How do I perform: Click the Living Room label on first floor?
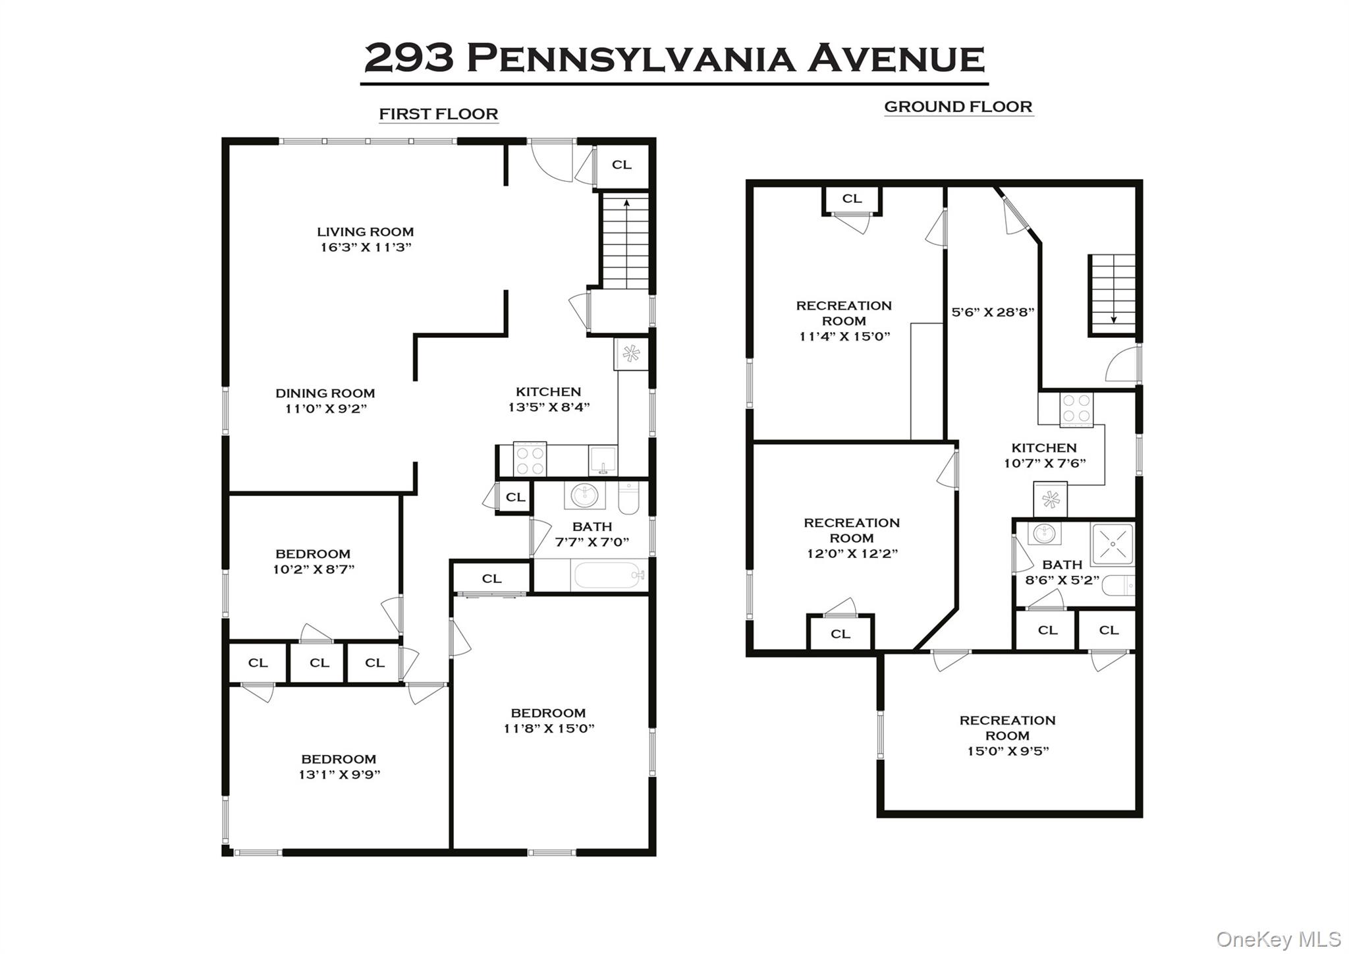(365, 232)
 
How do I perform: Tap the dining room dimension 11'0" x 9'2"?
(325, 408)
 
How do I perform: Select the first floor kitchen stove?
(530, 459)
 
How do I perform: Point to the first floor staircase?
(626, 241)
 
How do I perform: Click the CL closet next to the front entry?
(621, 165)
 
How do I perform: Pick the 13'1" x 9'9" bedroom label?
(339, 767)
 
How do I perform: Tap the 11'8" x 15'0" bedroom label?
(548, 721)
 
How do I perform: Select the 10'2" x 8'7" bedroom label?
(313, 561)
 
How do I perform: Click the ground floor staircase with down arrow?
(1113, 294)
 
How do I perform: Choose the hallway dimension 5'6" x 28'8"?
(993, 312)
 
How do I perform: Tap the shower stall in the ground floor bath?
(1112, 545)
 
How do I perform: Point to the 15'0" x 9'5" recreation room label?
(1007, 735)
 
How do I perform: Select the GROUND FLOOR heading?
(958, 107)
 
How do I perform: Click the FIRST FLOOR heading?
(438, 114)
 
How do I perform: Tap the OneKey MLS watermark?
(1278, 938)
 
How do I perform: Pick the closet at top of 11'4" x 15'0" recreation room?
(852, 198)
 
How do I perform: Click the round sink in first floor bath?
(584, 495)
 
